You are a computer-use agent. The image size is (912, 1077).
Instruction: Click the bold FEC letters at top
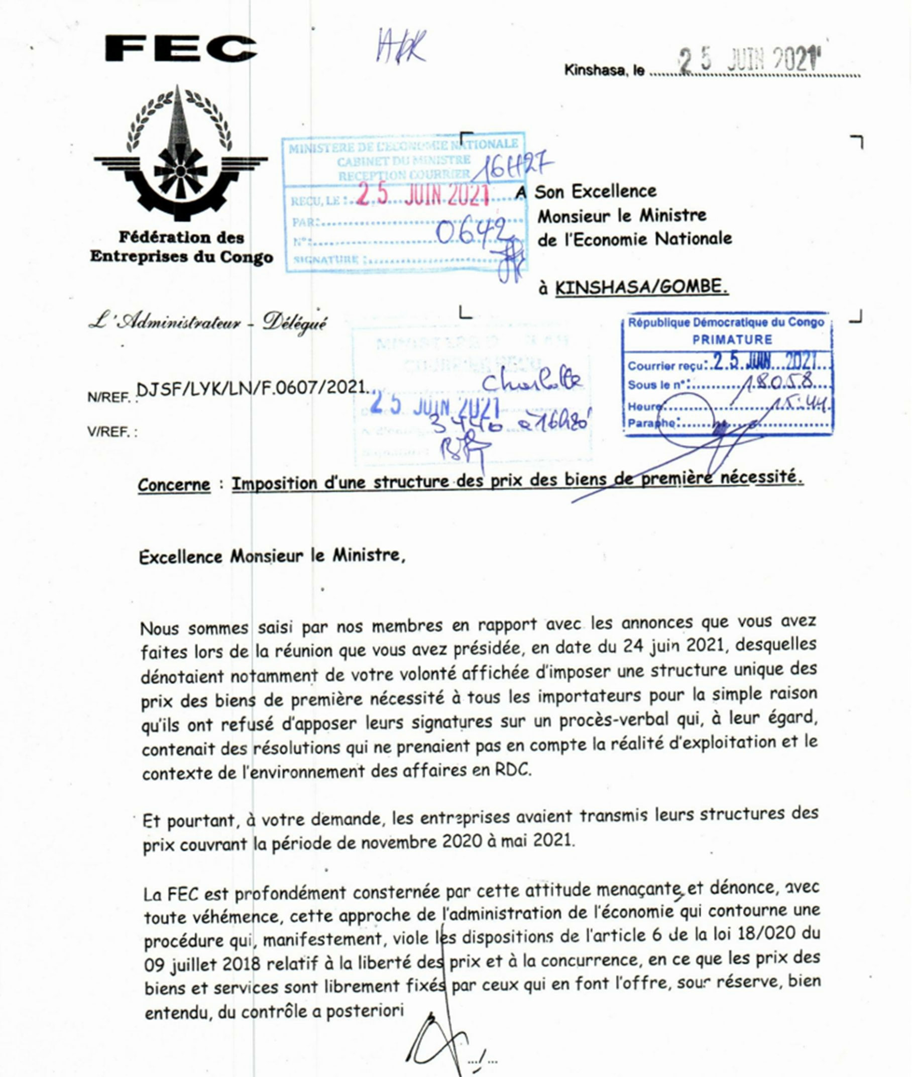coord(181,49)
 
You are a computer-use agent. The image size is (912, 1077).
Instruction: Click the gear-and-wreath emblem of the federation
coord(181,155)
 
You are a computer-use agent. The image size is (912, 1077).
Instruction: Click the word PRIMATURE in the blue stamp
coord(732,340)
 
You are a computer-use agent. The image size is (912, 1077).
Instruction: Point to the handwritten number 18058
coord(779,383)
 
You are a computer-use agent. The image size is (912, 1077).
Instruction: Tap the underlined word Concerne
coord(174,485)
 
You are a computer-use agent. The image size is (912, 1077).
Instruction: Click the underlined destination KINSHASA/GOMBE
coord(642,287)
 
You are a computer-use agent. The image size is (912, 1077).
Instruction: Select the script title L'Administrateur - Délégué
coord(208,323)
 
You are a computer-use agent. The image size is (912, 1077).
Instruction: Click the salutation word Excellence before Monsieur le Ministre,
coord(181,557)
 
